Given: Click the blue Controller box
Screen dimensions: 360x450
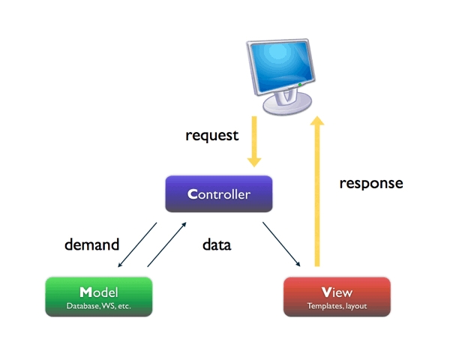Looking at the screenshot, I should pos(218,194).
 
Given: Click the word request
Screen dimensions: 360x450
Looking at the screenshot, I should pos(212,136).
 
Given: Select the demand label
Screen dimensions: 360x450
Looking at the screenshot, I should pos(92,244).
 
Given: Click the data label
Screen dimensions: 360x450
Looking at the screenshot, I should pos(217,244).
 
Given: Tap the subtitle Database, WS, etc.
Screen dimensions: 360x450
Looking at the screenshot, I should pos(98,306).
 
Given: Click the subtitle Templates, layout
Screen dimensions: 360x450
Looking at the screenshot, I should pos(337,306).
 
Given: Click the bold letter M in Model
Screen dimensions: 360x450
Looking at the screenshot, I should pos(85,291).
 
